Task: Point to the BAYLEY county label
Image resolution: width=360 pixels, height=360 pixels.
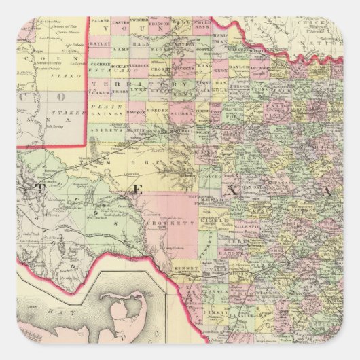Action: (100, 43)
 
